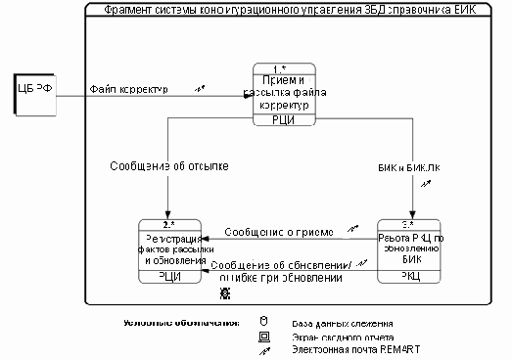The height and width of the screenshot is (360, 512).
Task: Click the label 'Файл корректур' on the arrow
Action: click(x=128, y=89)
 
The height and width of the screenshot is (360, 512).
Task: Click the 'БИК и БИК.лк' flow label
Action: click(x=408, y=166)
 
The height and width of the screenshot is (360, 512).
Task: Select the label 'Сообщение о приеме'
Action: click(x=278, y=233)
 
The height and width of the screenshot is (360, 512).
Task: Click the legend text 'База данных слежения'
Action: click(x=343, y=322)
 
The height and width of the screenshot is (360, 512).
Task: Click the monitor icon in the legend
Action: click(x=262, y=335)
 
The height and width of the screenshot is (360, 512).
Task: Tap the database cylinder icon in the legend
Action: click(x=262, y=321)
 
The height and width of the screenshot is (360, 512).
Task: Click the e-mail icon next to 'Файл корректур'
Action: click(x=201, y=87)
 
